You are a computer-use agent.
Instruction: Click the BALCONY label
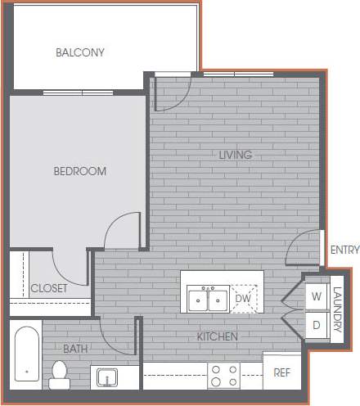point(80,53)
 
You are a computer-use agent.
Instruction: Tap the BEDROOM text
point(80,171)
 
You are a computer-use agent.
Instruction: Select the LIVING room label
point(235,155)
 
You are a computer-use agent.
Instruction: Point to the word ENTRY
point(344,250)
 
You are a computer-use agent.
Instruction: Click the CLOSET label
point(49,288)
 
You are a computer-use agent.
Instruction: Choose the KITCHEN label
point(217,336)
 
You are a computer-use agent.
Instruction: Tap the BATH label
point(75,349)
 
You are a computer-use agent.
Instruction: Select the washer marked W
point(316,296)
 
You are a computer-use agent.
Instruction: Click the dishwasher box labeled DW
point(244,299)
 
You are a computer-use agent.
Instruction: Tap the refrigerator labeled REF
point(281,372)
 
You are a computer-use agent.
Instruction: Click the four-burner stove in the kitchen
point(223,376)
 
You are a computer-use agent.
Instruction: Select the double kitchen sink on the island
point(207,300)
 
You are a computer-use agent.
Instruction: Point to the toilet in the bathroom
point(59,372)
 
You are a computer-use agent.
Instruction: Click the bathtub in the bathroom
point(27,356)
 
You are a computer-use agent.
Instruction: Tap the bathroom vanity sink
point(106,377)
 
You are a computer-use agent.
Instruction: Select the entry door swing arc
point(307,247)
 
